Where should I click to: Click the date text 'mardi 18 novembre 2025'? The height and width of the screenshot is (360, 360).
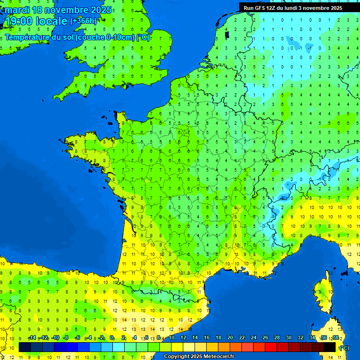coord(58,10)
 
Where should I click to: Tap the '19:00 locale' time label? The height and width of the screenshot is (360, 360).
coord(36,21)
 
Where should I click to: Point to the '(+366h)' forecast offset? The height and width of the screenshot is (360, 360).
coord(83,21)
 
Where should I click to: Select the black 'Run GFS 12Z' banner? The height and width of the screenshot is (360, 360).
coord(293,7)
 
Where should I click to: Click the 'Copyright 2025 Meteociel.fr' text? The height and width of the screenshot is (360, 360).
coord(199,357)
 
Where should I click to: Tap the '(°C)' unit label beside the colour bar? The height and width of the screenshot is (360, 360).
coord(344,348)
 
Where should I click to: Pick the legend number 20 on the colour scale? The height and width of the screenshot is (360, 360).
coord(230,337)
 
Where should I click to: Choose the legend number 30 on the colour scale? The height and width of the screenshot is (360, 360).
coord(288,337)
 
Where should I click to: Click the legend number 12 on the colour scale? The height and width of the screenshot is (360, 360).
coord(183,337)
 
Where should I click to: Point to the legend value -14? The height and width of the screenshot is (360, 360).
coord(32,337)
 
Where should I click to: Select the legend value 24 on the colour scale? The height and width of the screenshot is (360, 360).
coord(254,337)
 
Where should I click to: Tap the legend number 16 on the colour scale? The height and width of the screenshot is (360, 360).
coord(207,337)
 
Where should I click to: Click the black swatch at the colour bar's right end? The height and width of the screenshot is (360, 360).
coord(330,347)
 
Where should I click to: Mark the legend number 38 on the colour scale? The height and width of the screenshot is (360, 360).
coord(335,337)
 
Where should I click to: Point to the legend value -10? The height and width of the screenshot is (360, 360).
coord(55,337)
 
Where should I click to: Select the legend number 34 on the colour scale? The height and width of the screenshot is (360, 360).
coord(312,337)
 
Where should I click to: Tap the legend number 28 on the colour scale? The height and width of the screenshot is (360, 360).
coord(277,337)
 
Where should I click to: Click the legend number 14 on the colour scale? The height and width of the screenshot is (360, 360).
coord(195,337)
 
